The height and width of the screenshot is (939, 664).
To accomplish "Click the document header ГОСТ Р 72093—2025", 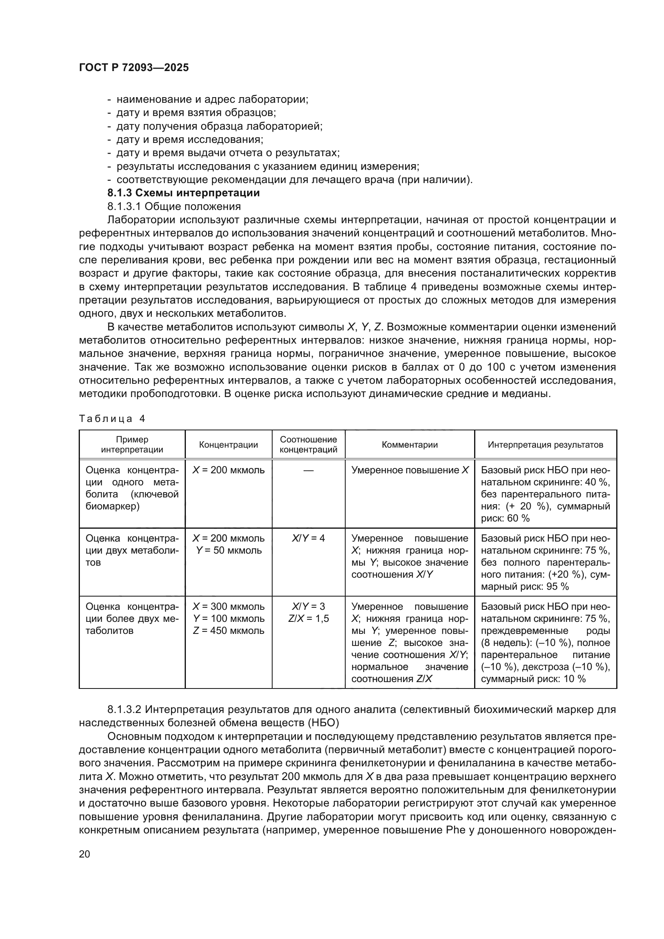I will (134, 68).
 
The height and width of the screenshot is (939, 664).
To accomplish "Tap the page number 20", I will (84, 854).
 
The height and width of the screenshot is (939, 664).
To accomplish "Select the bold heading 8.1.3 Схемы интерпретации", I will (183, 193).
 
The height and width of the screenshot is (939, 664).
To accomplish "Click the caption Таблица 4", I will (112, 418).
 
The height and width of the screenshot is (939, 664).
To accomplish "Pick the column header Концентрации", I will (228, 445).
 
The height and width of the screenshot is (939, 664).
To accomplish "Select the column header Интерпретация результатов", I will (545, 445).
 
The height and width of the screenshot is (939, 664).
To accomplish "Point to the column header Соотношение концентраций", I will (308, 444).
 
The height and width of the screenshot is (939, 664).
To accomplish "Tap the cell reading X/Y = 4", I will (308, 538).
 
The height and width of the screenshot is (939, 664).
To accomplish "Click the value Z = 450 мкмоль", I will (228, 631).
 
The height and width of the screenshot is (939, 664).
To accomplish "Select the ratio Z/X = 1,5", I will (308, 619).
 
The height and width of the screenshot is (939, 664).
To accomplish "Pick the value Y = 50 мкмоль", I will (228, 550).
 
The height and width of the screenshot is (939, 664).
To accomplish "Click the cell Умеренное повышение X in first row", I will (410, 471).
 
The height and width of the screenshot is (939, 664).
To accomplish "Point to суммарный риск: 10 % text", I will (533, 679).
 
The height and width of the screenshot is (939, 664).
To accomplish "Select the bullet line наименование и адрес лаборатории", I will (212, 100).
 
